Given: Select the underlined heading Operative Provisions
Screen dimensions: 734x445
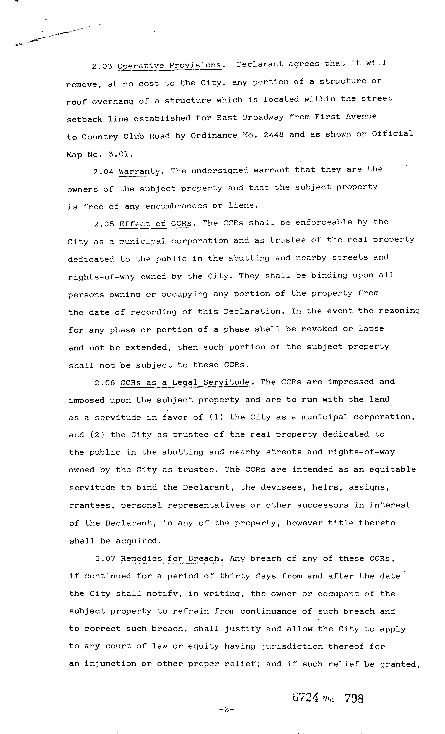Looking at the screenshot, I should click(169, 65).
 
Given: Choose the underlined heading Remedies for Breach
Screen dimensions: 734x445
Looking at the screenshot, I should click(170, 559).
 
